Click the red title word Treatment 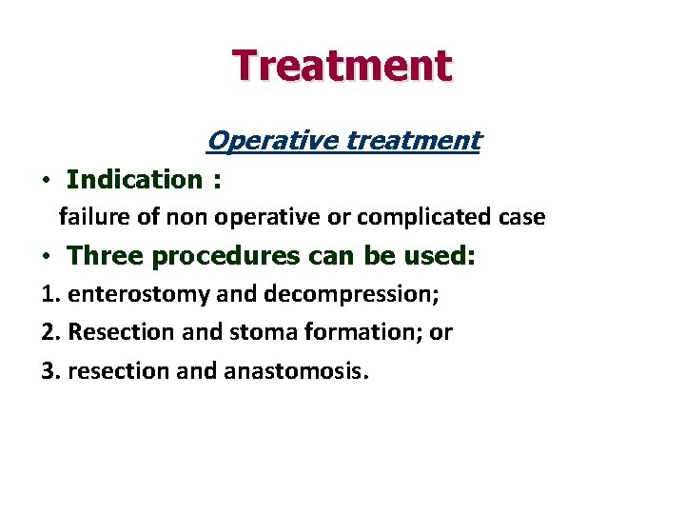coord(342,66)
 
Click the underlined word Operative coord(273,141)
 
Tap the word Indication coord(134,179)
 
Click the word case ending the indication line coord(522,217)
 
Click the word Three coord(105,256)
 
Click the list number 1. coord(49,294)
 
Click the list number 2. coord(49,332)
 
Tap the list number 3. coord(49,370)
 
